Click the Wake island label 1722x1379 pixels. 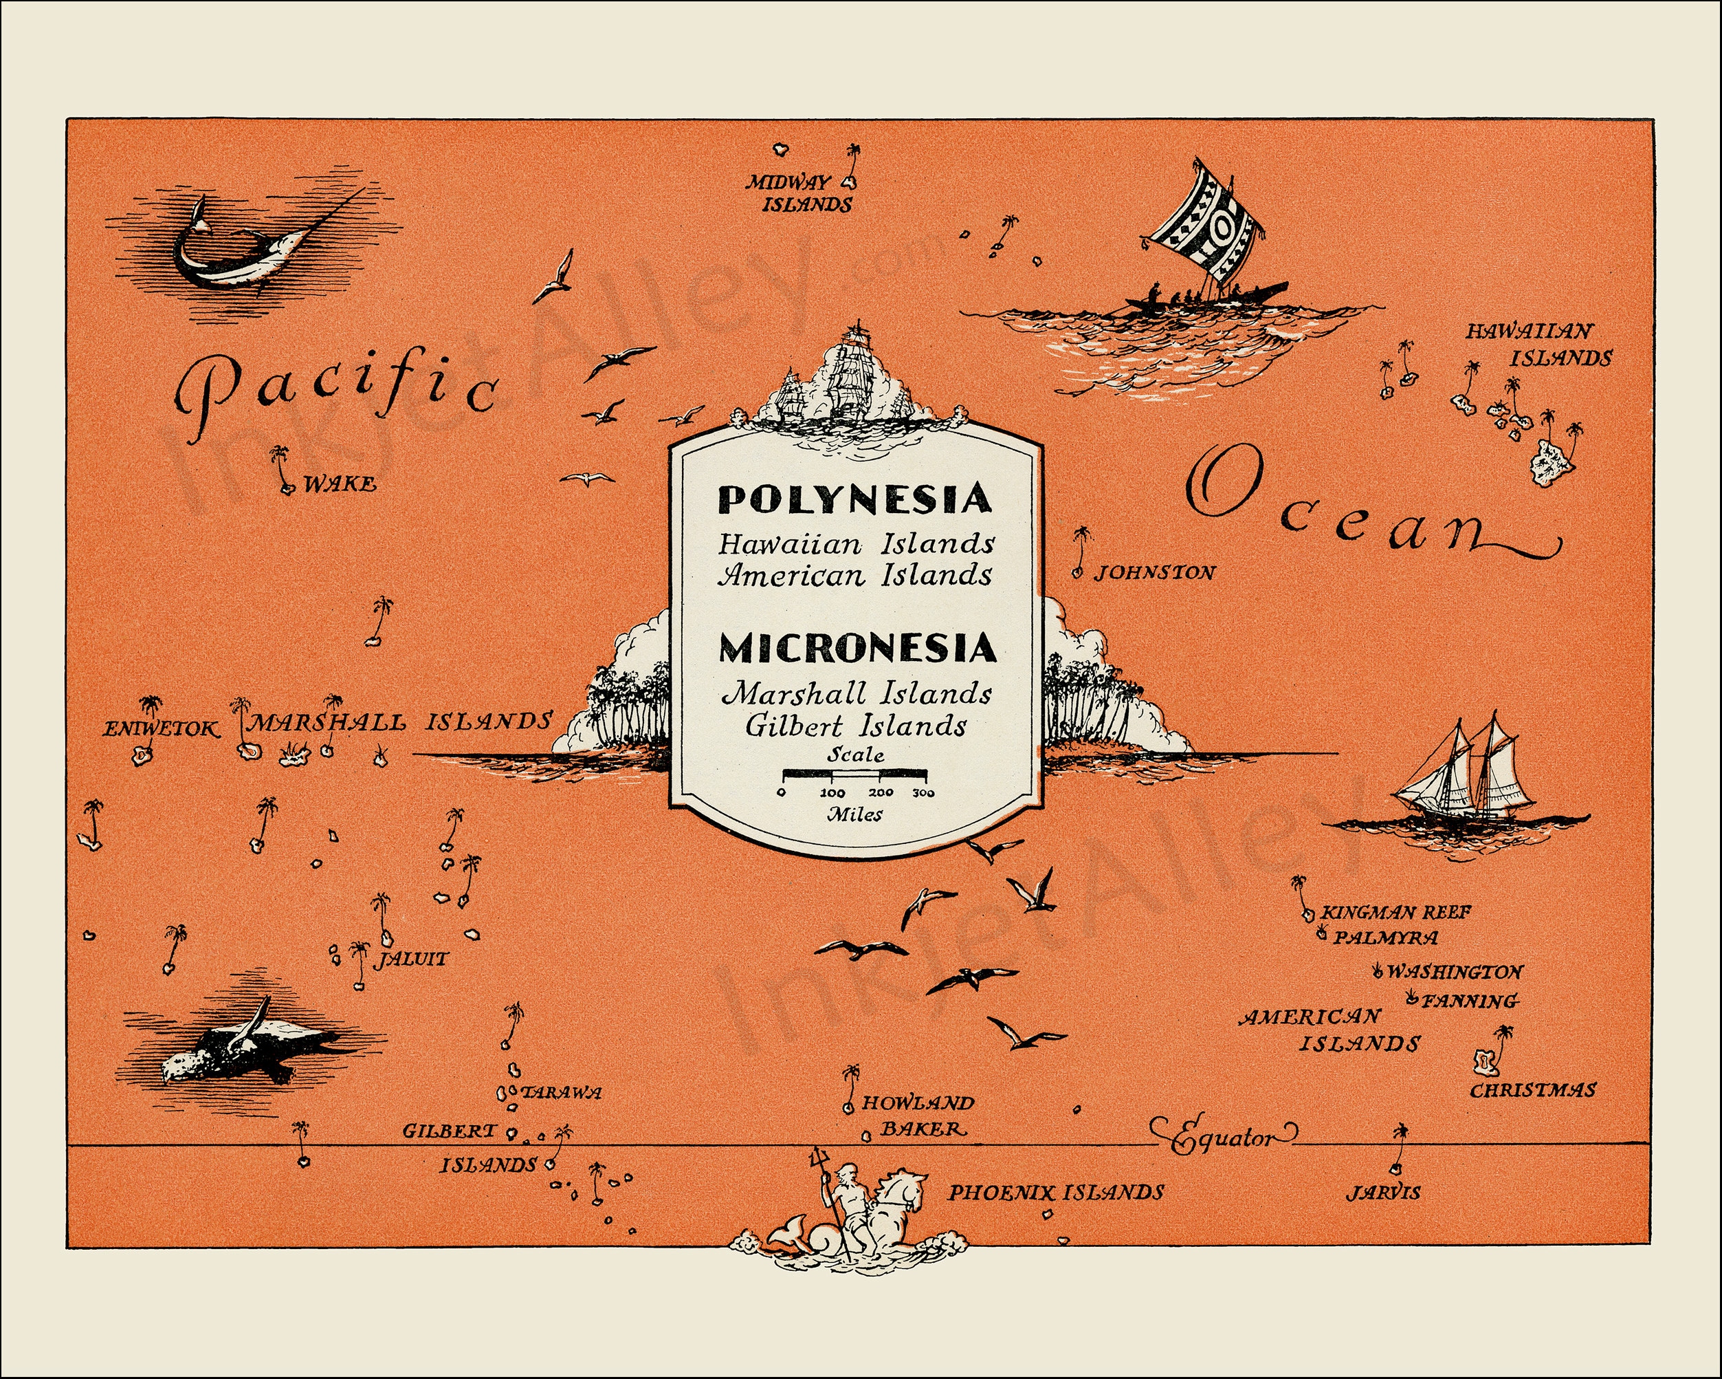click(340, 484)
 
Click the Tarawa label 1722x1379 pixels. click(561, 1093)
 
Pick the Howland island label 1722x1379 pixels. click(918, 1103)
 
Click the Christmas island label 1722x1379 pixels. click(1533, 1089)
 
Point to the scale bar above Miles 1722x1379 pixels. click(854, 774)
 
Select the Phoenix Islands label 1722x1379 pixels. click(1055, 1193)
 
